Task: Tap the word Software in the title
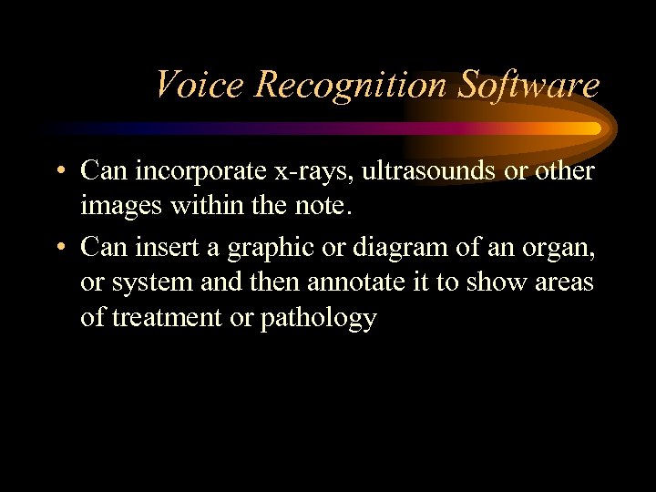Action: click(528, 85)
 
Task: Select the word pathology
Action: click(319, 319)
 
